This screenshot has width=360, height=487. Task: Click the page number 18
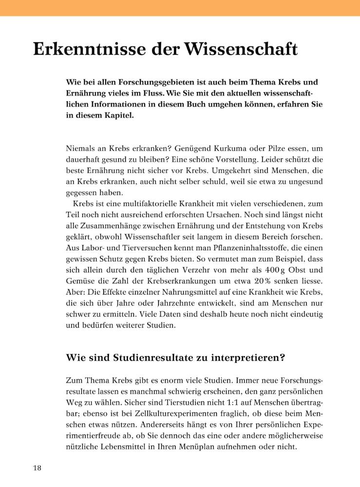coord(37,468)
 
